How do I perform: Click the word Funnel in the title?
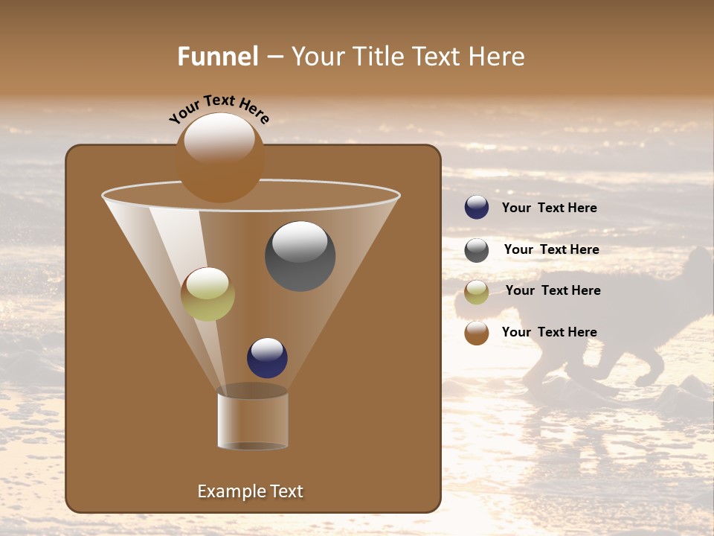click(x=217, y=57)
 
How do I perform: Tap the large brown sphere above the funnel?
click(x=219, y=158)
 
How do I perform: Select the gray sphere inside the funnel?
click(x=300, y=256)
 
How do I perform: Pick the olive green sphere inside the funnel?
click(x=208, y=294)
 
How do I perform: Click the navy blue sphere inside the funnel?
click(x=267, y=357)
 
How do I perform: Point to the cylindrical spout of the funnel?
click(x=253, y=419)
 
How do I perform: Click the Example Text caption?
click(x=250, y=491)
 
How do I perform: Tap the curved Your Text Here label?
click(x=219, y=109)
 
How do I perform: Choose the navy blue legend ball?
click(x=477, y=208)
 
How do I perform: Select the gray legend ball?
click(x=477, y=250)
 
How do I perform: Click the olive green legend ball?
click(x=477, y=292)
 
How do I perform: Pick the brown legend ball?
click(x=477, y=333)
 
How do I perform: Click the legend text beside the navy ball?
click(x=549, y=208)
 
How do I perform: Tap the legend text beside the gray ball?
click(x=551, y=249)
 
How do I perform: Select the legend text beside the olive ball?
click(x=553, y=290)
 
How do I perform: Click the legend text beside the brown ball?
click(x=549, y=332)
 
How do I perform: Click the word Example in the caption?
click(x=229, y=491)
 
